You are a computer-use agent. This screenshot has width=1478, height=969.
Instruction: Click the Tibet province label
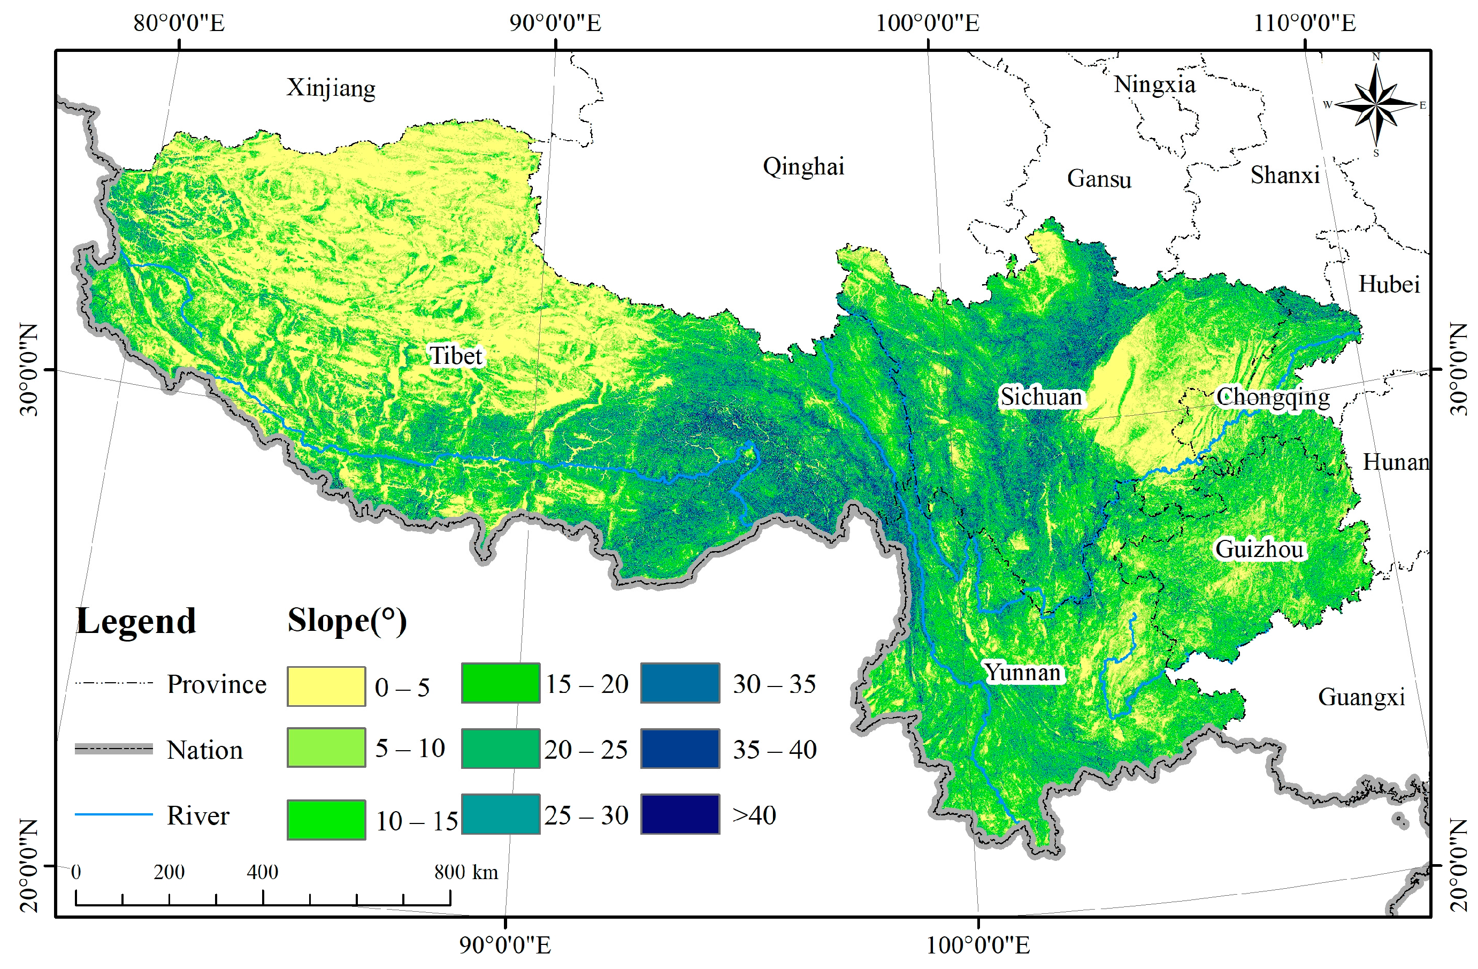(455, 356)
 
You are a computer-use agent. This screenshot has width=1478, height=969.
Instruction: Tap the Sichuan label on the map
(1040, 396)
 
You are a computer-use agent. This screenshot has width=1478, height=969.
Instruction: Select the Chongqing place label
(1272, 396)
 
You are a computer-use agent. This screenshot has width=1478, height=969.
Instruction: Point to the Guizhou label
(1259, 549)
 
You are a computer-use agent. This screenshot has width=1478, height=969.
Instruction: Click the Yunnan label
(1023, 673)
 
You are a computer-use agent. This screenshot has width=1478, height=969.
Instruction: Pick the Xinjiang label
(331, 88)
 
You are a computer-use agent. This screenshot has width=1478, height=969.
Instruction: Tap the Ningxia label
(1154, 84)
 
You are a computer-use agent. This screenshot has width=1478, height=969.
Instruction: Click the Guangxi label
(1361, 697)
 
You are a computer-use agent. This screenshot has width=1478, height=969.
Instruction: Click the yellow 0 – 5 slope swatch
(326, 686)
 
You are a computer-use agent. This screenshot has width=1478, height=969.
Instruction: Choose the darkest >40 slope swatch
(680, 814)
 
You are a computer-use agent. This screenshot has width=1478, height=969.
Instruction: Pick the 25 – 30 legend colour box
(501, 814)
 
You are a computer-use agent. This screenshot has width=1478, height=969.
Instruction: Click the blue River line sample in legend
(113, 814)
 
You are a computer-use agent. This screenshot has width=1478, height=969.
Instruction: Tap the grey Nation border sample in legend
(113, 749)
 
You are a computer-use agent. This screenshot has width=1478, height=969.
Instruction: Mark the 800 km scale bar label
(466, 872)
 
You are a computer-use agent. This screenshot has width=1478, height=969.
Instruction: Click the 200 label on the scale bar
(169, 872)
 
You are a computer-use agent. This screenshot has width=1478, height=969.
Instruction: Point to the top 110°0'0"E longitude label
(1304, 24)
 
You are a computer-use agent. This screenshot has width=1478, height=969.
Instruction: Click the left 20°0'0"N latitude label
(28, 865)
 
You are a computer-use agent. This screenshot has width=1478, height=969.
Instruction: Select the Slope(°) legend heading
(347, 621)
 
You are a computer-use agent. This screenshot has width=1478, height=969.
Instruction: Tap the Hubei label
(1389, 285)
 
